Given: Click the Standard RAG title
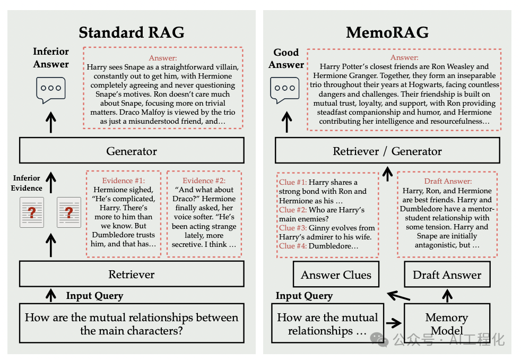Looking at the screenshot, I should [132, 32].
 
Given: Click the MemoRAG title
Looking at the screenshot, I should [387, 32].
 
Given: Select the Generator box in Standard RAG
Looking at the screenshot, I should [132, 151].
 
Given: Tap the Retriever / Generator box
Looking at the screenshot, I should [387, 151].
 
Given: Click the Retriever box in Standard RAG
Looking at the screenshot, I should [132, 275].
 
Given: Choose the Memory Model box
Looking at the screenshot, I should [446, 324].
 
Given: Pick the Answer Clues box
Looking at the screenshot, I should [336, 275].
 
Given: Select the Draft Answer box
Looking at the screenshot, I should [447, 275].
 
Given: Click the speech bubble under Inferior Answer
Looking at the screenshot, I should [51, 90].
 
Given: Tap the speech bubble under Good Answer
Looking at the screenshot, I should [285, 90].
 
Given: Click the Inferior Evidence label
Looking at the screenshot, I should [27, 183].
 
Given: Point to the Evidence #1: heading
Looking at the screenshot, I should [123, 181].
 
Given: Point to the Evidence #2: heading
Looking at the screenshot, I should [204, 181].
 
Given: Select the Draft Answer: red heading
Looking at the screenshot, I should [447, 181].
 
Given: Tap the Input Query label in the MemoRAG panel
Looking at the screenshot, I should [304, 296].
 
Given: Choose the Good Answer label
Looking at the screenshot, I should [286, 58].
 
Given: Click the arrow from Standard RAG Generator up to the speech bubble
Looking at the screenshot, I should [51, 124].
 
